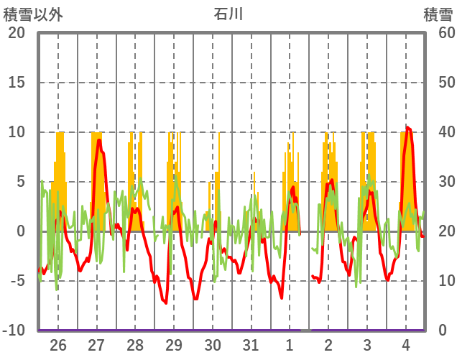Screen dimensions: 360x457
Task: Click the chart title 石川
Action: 228,14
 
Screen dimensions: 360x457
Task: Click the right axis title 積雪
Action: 437,14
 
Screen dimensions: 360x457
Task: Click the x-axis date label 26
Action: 58,345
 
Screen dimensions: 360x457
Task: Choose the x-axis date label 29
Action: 174,345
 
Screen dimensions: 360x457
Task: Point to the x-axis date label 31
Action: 251,345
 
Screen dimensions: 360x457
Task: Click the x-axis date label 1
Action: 290,345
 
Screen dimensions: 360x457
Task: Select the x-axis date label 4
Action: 405,345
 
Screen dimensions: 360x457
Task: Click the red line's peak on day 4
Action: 407,127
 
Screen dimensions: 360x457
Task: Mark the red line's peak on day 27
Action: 99,140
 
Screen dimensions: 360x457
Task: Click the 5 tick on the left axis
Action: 19,182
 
